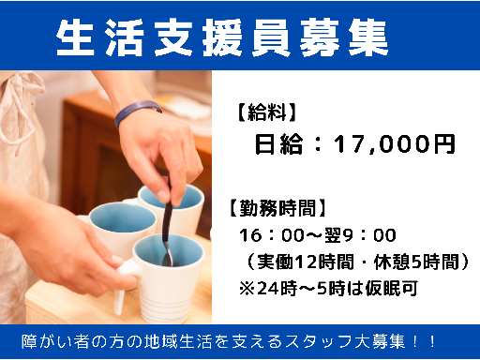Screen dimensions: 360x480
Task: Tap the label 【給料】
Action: (x=263, y=114)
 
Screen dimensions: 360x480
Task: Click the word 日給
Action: (x=279, y=145)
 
